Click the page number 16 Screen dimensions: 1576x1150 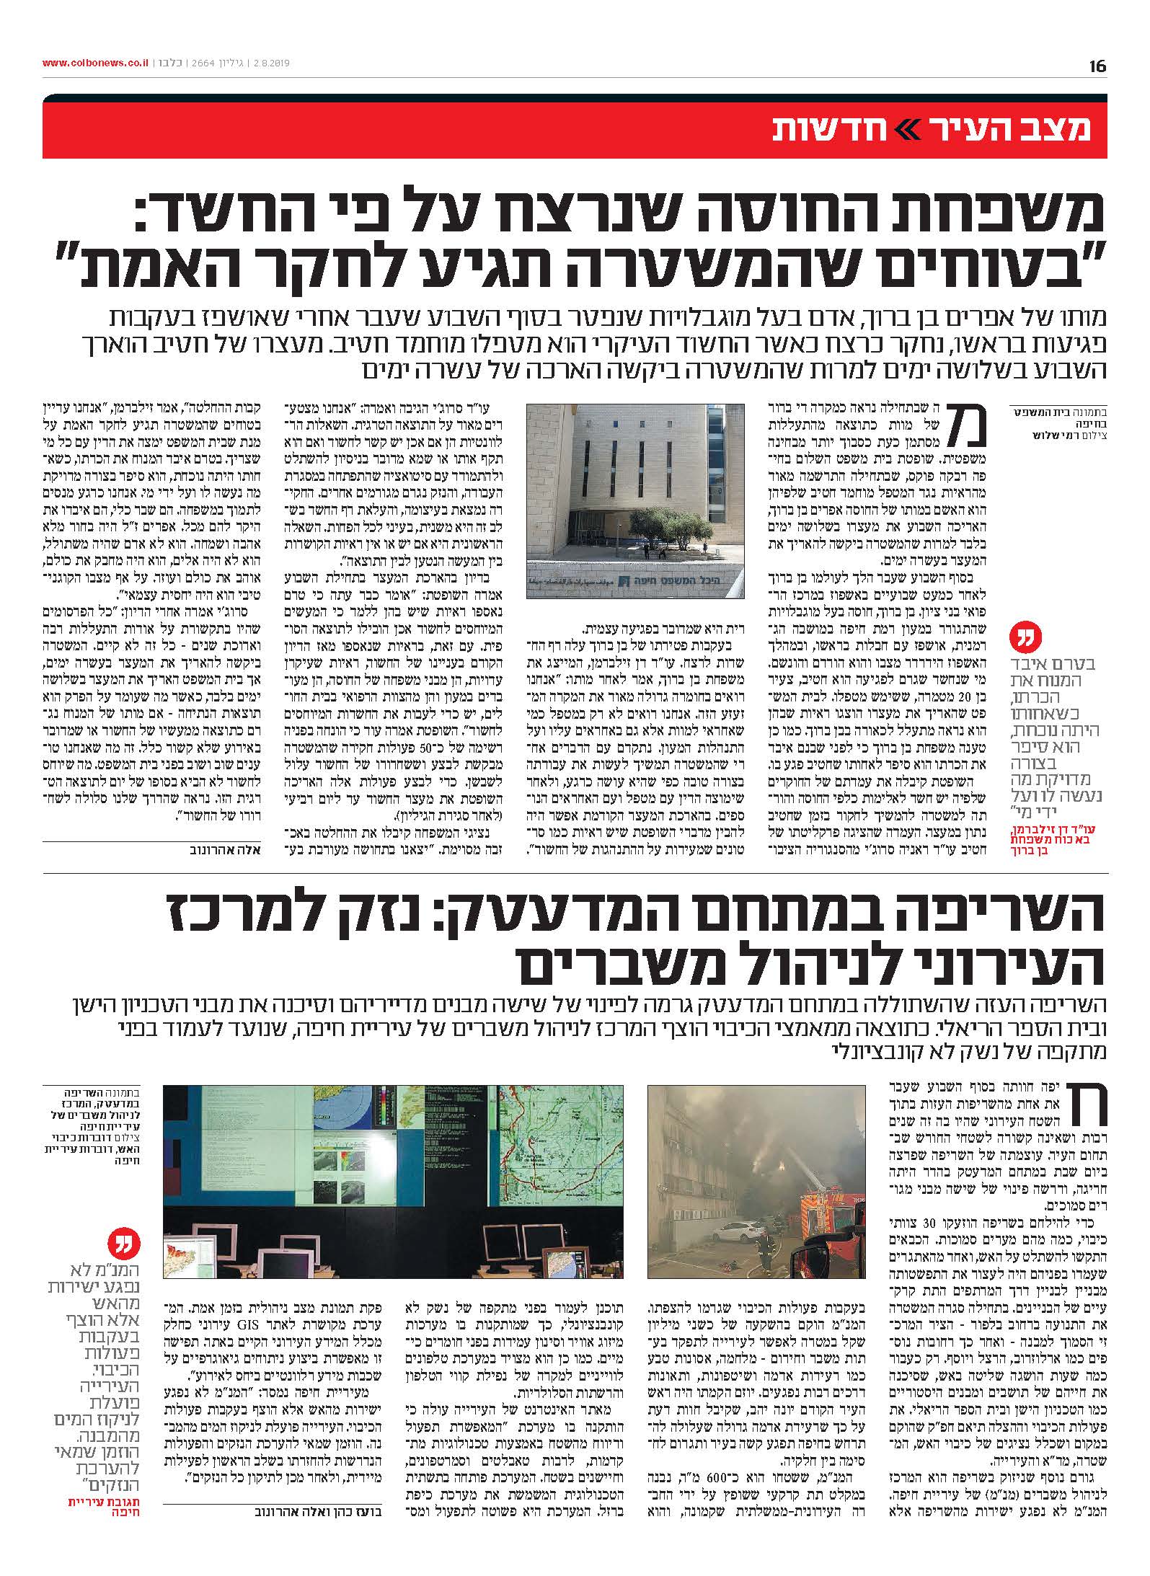tap(1097, 66)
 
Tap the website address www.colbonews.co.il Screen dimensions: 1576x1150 tap(94, 63)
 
